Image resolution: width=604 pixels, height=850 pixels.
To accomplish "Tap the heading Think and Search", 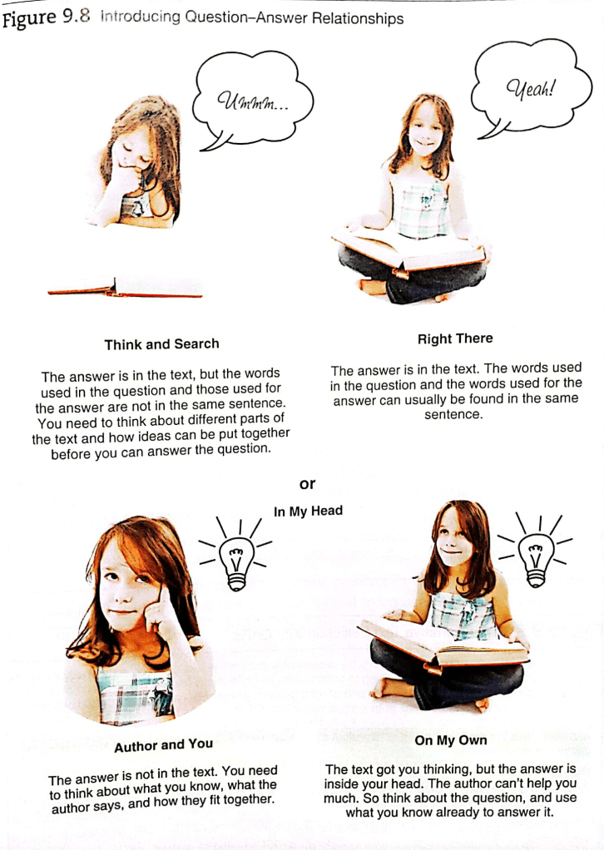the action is (x=161, y=344).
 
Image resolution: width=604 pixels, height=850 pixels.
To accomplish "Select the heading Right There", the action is (x=455, y=339).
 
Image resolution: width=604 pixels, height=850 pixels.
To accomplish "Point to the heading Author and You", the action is (x=163, y=745).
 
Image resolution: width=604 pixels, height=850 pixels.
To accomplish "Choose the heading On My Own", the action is (x=451, y=740).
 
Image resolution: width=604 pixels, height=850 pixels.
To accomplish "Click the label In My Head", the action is (x=308, y=511).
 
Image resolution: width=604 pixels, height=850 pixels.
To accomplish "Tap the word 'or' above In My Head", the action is (x=307, y=484).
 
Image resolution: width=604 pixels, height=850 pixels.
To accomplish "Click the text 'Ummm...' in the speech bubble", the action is (x=253, y=101).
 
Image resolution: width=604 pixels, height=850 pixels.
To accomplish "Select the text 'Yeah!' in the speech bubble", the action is (x=530, y=88).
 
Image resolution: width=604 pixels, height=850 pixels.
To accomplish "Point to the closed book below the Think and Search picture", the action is (x=126, y=288).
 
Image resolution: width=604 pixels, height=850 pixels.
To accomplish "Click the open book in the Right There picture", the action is (x=409, y=250).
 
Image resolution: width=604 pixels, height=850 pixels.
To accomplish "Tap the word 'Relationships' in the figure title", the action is (x=358, y=18).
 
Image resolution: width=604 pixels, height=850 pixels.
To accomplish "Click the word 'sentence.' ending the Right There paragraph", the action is (x=453, y=415).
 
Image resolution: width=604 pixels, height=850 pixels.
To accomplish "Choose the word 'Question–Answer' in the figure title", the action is (x=246, y=17).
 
